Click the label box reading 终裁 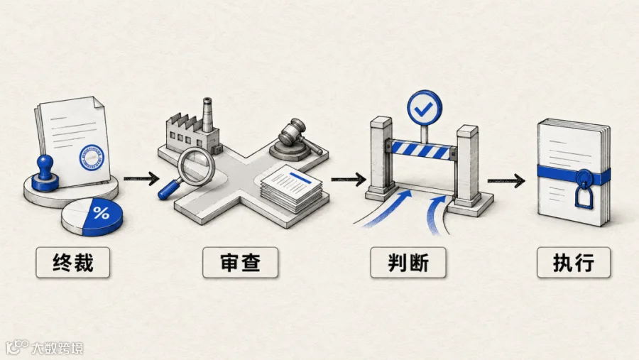pos(73,263)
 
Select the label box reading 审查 pos(241,263)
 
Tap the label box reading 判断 pos(408,263)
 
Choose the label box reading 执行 pos(574,263)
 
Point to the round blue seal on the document pos(92,158)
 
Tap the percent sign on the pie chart pos(101,212)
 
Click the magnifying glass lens pos(196,166)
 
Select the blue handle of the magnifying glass pos(168,190)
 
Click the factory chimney pos(207,115)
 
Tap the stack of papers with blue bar pos(291,188)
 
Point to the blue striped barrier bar pos(421,151)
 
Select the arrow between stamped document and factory pos(141,178)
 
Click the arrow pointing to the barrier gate pos(349,179)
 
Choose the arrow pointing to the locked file pos(506,180)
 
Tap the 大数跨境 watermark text pos(58,348)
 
